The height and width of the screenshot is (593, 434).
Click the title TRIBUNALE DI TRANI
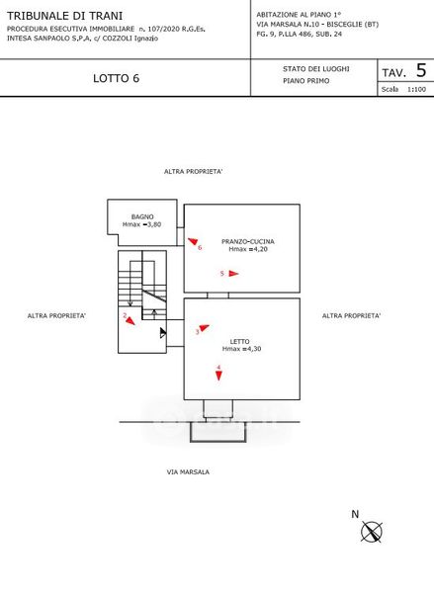pyautogui.click(x=64, y=16)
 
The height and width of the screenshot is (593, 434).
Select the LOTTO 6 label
pyautogui.click(x=117, y=78)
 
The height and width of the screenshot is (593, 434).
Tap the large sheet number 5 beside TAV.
pyautogui.click(x=421, y=70)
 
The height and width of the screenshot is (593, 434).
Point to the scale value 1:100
pyautogui.click(x=416, y=90)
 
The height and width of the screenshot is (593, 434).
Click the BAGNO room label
pyautogui.click(x=142, y=216)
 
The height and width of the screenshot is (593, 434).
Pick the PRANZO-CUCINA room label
pyautogui.click(x=248, y=241)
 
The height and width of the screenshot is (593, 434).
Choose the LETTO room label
pyautogui.click(x=239, y=342)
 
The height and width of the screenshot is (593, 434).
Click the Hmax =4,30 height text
pyautogui.click(x=241, y=349)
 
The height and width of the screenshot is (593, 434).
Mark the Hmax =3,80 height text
pyautogui.click(x=142, y=224)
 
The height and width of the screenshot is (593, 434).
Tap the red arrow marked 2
pyautogui.click(x=130, y=320)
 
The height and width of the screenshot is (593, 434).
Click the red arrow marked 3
pyautogui.click(x=204, y=327)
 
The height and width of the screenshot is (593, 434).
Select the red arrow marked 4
pyautogui.click(x=218, y=376)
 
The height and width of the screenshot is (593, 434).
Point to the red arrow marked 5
pyautogui.click(x=233, y=274)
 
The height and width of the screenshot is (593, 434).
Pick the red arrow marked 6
pyautogui.click(x=193, y=241)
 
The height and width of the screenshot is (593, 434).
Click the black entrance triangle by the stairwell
pyautogui.click(x=163, y=333)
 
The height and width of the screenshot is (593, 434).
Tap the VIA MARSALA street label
pyautogui.click(x=188, y=472)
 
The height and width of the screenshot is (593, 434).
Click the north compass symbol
pyautogui.click(x=371, y=532)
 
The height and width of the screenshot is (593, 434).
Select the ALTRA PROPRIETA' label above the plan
pyautogui.click(x=193, y=172)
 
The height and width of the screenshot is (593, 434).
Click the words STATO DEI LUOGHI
pyautogui.click(x=316, y=69)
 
